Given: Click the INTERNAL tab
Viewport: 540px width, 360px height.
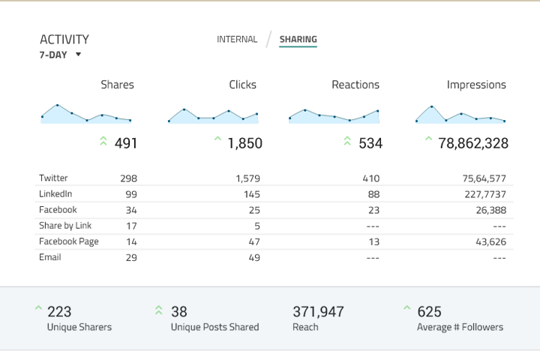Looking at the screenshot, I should tap(237, 39).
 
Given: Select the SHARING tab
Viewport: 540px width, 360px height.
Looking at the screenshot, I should tap(298, 39).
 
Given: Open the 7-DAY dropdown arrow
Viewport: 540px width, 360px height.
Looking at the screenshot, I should tap(78, 55).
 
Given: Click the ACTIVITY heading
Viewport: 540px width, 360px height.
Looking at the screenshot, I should tap(64, 39).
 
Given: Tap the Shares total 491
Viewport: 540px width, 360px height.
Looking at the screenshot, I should tap(126, 142).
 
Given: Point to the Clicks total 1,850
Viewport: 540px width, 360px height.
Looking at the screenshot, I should tap(244, 142).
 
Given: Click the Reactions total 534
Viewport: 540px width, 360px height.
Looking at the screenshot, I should tap(370, 142).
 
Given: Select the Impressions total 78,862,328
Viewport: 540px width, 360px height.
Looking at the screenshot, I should tap(473, 142).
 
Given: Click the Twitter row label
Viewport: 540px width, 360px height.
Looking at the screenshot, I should tap(53, 178).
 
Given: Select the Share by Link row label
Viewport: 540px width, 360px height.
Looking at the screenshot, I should tap(65, 226).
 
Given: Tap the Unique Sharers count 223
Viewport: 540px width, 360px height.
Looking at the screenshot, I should tap(59, 311).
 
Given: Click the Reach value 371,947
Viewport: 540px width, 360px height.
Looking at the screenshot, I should tap(318, 311).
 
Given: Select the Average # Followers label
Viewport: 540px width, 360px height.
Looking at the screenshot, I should tap(460, 327).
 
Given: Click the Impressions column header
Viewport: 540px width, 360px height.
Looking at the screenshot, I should tap(476, 85).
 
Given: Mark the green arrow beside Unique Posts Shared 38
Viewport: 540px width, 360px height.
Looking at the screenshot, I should tap(159, 310).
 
